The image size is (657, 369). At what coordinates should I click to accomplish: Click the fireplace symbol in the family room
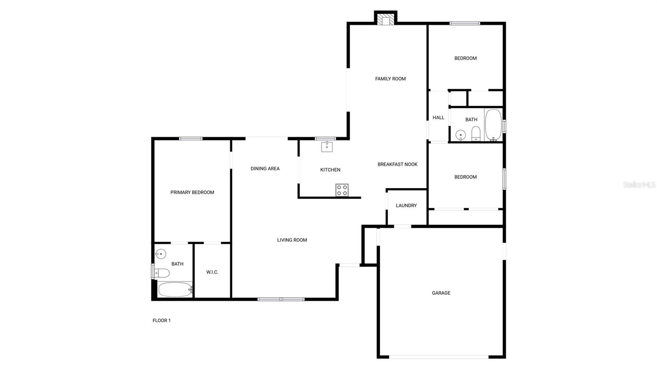pos(386,20)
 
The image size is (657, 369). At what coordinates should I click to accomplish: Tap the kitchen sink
pos(327,146)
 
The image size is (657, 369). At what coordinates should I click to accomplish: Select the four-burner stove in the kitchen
pos(342,190)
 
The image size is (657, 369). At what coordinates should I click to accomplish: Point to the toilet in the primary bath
pos(163,273)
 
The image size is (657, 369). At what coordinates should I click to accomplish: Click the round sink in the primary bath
pos(161,254)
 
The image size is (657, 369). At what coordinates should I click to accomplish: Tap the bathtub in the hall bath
pos(493,125)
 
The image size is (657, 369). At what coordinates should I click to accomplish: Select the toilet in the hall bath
pos(476,133)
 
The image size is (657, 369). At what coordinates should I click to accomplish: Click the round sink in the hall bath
pos(460,135)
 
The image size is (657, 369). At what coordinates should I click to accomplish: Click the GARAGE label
pos(441,293)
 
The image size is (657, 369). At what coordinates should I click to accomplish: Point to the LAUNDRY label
pos(406,206)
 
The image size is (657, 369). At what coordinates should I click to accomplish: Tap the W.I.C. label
pos(212,272)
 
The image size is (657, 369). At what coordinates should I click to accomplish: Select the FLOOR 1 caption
pos(161,321)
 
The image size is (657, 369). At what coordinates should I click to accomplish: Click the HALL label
pos(439,118)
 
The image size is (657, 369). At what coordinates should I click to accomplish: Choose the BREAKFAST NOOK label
pos(397,164)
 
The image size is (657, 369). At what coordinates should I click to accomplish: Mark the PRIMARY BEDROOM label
pos(192,193)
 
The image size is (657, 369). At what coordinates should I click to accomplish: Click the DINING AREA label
pos(265,169)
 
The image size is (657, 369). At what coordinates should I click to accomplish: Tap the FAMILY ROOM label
pos(390,79)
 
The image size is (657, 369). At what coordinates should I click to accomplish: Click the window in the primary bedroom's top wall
pos(191,139)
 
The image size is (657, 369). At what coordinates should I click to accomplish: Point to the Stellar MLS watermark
pos(639,185)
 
